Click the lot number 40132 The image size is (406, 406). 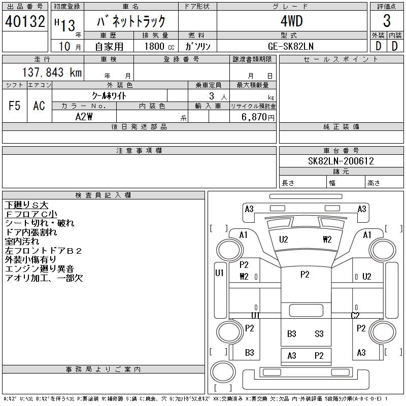25,21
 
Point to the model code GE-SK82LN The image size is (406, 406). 291,46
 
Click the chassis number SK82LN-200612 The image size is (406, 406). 341,161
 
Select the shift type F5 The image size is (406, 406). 14,106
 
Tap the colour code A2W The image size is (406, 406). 84,117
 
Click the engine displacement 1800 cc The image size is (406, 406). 155,46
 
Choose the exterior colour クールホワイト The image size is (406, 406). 109,95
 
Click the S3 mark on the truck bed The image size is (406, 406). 319,333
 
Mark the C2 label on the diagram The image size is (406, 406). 355,315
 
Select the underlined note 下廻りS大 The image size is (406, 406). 26,205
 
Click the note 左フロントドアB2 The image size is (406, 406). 43,251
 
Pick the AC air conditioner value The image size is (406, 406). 39,106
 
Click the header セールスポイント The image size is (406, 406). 341,59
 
